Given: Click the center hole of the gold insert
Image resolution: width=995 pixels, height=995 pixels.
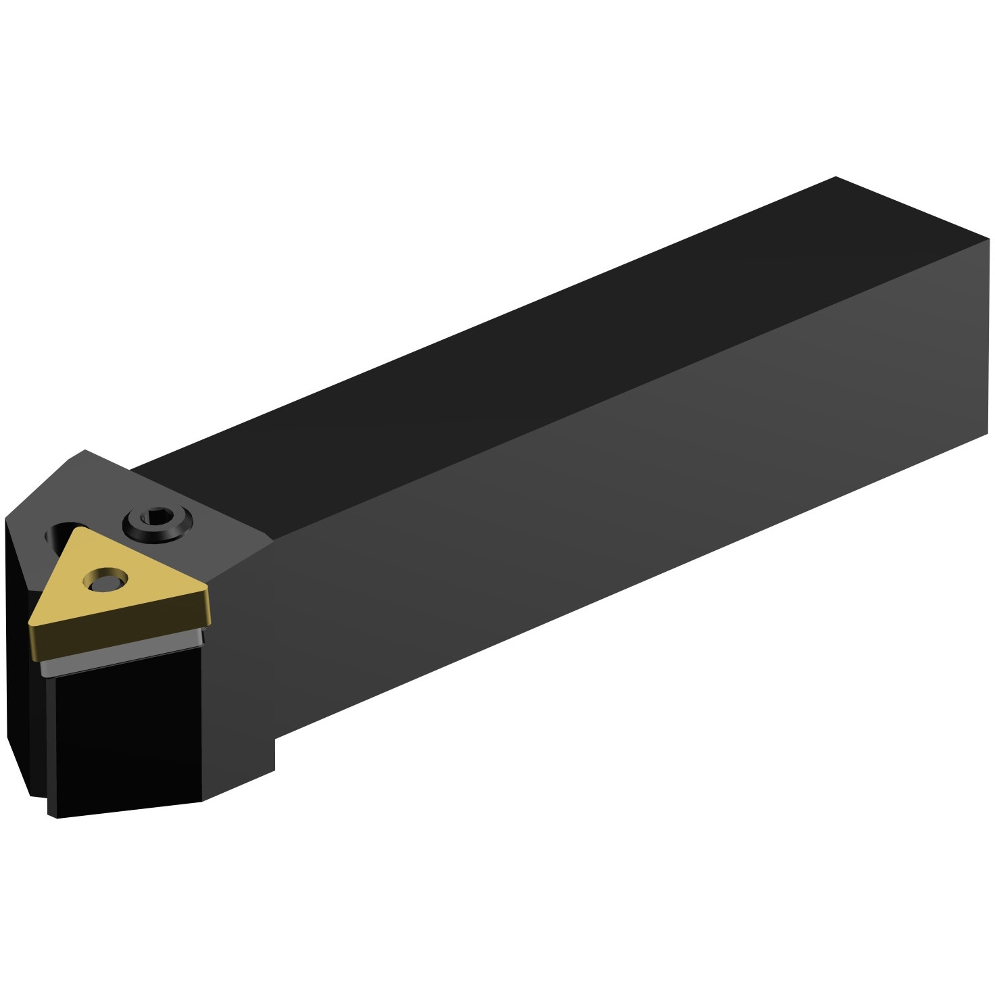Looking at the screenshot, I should click(x=105, y=581).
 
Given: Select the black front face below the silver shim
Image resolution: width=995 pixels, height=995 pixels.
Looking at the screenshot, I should click(x=125, y=730).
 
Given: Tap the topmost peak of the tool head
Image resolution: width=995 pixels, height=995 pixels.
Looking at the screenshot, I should click(x=85, y=451).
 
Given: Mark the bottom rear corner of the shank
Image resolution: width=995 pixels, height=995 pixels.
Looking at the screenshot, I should click(x=987, y=433).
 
